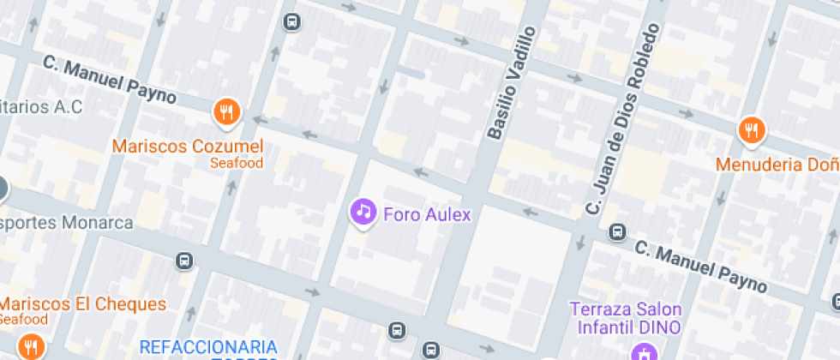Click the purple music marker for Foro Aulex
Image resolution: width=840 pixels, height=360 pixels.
tap(363, 211)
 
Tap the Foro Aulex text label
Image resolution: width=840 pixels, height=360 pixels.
tap(428, 214)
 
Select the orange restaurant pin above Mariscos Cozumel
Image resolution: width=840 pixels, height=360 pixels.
tap(227, 111)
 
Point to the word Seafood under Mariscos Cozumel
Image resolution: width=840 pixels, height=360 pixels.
tap(237, 162)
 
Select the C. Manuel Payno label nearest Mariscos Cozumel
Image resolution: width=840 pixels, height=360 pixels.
tap(109, 82)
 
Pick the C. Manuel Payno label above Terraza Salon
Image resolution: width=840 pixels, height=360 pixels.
tap(701, 266)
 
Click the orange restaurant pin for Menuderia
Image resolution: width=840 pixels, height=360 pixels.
tap(751, 129)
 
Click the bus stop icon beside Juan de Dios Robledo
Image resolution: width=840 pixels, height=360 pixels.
tap(616, 231)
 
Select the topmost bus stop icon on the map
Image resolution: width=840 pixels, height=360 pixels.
tap(292, 21)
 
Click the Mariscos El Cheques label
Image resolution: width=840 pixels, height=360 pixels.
tap(83, 303)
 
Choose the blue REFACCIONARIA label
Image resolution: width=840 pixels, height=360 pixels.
tap(208, 346)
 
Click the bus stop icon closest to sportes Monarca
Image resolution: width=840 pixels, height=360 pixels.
tap(183, 261)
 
